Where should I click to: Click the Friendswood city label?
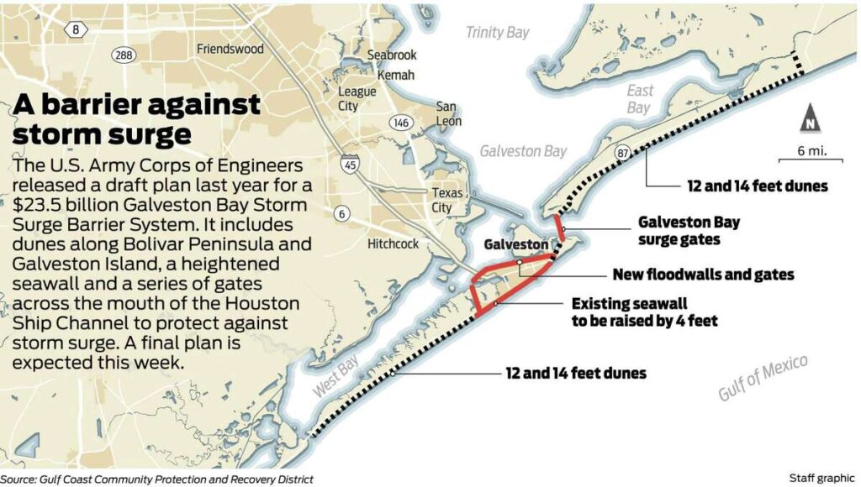click(x=230, y=50)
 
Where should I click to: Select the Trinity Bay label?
click(x=498, y=33)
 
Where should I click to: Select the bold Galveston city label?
click(x=515, y=243)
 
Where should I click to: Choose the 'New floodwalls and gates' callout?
click(x=703, y=275)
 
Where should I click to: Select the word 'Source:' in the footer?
click(x=21, y=479)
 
